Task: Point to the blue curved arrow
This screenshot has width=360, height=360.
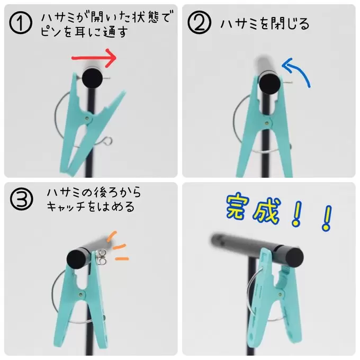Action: pos(300,72)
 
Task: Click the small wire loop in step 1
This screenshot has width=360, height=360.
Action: pos(108,141)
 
